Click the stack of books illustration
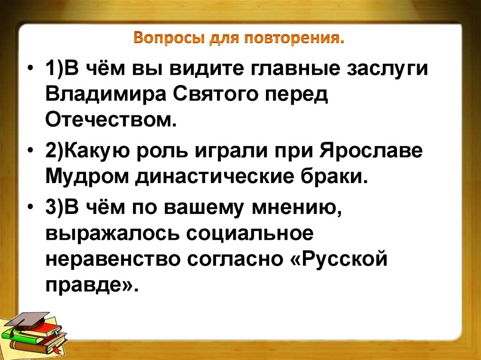(x=35, y=336)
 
